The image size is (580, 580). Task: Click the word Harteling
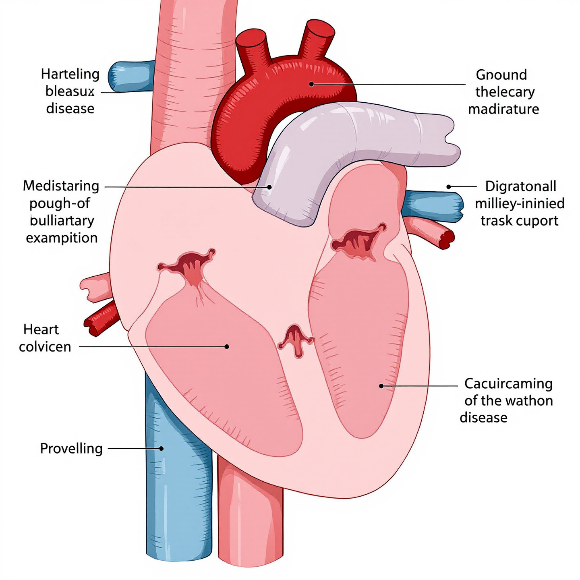pos(70,75)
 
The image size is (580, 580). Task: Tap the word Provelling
pos(71,448)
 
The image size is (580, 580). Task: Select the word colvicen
pos(45,346)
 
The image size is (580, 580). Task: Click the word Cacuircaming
pos(508,384)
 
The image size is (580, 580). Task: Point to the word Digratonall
pos(520,186)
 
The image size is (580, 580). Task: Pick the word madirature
pos(503,109)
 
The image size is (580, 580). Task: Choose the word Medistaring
pos(61,186)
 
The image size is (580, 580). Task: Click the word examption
pos(62,238)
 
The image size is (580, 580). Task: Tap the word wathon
pos(529,401)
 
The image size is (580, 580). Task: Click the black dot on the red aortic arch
pos(311,84)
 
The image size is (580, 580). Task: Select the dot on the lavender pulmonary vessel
pos(269,187)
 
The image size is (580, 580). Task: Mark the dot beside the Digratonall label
pos(449,186)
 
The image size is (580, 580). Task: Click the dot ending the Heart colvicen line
pos(227,346)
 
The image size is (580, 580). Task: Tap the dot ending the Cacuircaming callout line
pos(381,386)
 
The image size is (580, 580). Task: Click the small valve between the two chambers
pos(296,340)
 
